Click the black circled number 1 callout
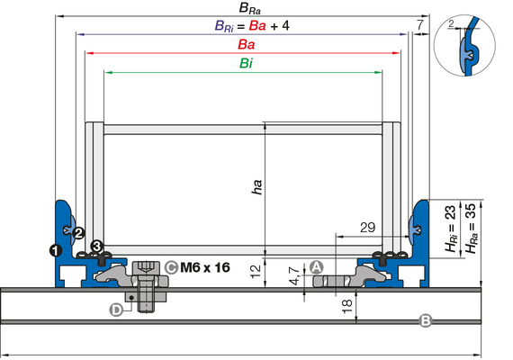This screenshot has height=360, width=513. [x=56, y=250]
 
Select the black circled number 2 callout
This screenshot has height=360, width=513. [x=78, y=233]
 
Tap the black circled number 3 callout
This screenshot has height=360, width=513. [x=97, y=246]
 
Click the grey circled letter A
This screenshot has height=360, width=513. [x=316, y=267]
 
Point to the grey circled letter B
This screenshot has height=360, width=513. [x=426, y=320]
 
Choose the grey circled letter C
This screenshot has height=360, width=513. [x=171, y=267]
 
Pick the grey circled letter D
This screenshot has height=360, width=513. [x=116, y=310]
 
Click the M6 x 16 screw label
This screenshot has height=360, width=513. [x=205, y=267]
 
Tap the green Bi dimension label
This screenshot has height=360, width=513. [x=246, y=63]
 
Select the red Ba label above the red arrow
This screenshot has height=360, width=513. [x=247, y=44]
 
